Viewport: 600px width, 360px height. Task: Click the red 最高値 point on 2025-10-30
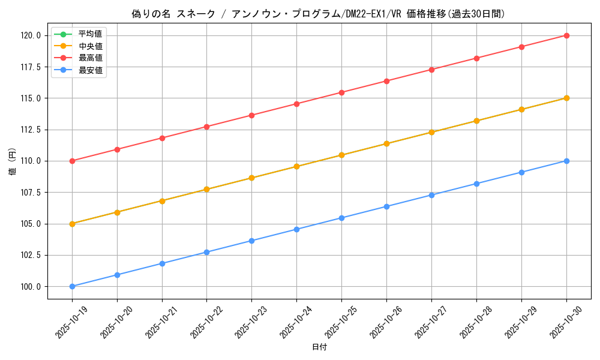click(566, 35)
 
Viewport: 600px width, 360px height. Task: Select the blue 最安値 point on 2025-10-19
click(72, 286)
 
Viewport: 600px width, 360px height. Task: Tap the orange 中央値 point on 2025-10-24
click(296, 166)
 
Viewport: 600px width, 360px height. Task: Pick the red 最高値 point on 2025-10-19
click(72, 161)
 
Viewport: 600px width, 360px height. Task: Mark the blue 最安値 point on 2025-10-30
click(566, 161)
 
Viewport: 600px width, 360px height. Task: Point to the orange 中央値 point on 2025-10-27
click(431, 132)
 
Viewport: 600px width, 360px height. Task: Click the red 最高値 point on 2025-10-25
click(341, 92)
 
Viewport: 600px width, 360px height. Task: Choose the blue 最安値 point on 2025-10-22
click(206, 252)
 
